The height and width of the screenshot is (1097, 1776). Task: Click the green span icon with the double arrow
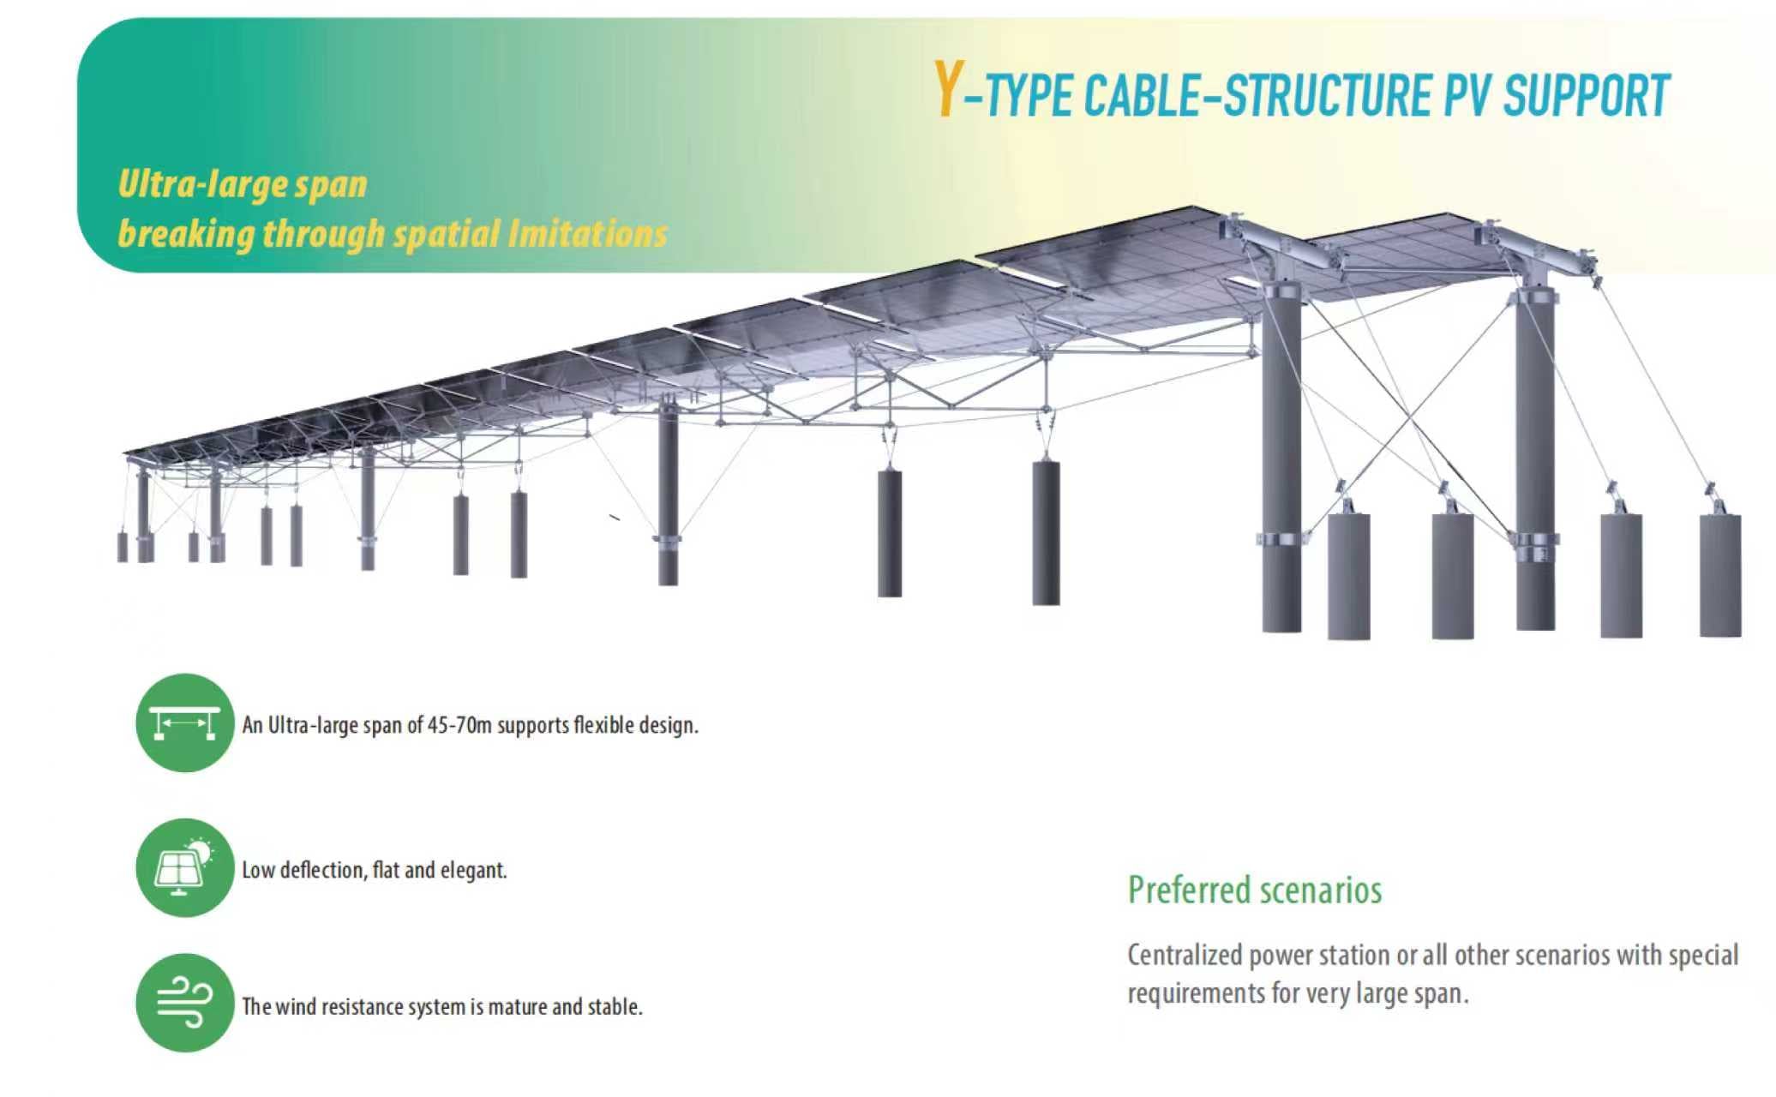184,722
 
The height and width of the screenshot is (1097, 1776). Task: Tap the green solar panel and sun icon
184,867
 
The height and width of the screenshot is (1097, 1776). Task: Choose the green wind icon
184,1003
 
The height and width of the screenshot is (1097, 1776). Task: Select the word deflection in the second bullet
321,870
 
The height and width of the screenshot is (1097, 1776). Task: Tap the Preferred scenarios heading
1254,890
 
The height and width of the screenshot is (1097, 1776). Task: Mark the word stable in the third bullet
615,1006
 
